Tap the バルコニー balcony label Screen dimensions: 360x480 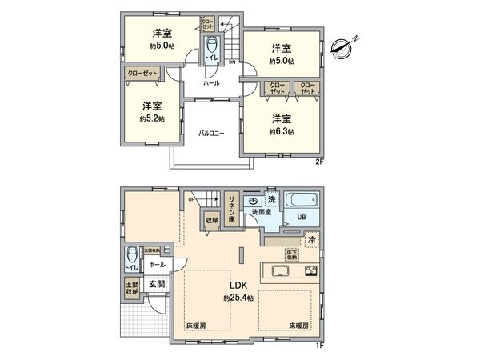click(211, 133)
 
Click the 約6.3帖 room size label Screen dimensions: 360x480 click(282, 131)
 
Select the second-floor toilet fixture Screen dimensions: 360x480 click(212, 48)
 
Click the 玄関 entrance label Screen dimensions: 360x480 click(157, 285)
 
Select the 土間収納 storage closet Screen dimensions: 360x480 click(131, 290)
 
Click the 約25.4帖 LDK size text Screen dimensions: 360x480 click(239, 298)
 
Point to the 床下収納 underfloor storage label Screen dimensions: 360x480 click(293, 255)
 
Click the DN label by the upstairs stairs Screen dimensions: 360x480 click(232, 62)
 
